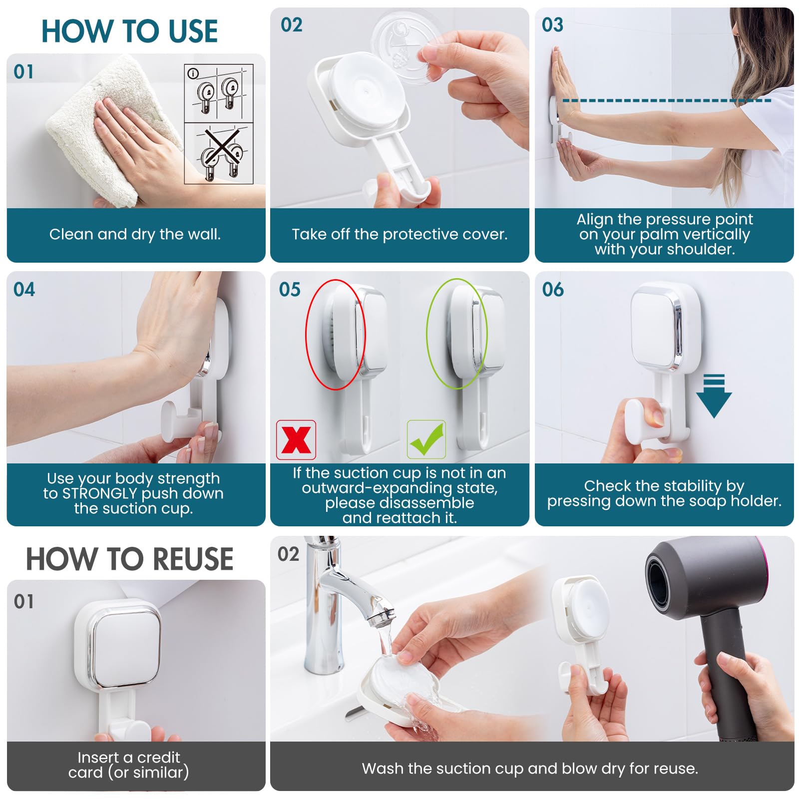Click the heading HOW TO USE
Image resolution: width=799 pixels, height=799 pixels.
coord(129,31)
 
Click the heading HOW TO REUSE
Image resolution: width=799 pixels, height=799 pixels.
coord(129,559)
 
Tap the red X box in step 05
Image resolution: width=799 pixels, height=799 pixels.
coord(296,440)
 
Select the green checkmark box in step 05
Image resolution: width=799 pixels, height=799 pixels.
coord(426,439)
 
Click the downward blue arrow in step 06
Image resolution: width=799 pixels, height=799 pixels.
coord(714,397)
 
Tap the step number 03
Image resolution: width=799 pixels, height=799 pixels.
coord(552,25)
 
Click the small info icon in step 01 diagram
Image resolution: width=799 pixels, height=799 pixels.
coord(193,73)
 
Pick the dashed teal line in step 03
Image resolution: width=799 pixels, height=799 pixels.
coord(667,101)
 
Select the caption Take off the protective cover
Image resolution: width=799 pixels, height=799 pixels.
coord(399,234)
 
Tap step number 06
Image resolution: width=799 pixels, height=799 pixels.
coord(553,290)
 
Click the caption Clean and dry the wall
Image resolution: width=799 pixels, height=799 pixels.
coord(135,234)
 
